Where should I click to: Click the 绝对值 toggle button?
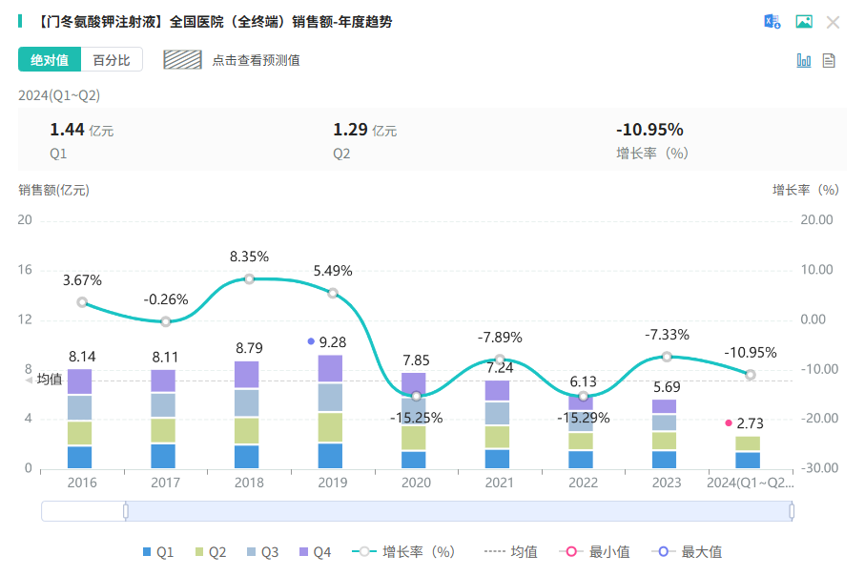tap(50, 60)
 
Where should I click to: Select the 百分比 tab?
tap(112, 60)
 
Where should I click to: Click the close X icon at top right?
tap(833, 22)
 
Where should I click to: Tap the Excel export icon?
tap(772, 22)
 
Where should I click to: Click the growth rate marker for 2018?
tap(249, 278)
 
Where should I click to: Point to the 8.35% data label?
tap(249, 257)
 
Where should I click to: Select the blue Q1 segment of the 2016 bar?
tap(80, 457)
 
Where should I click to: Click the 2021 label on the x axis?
tap(500, 483)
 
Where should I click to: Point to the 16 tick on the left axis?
tap(25, 270)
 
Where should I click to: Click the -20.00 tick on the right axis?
tap(818, 419)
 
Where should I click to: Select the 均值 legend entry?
tap(512, 552)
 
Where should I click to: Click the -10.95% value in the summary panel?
tap(649, 131)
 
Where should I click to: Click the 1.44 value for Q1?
tap(67, 131)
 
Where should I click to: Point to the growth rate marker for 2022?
tap(584, 396)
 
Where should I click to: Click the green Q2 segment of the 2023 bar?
tap(667, 441)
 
